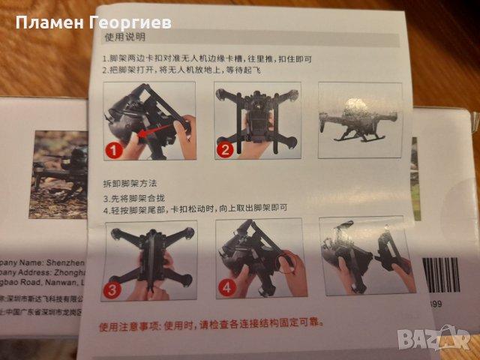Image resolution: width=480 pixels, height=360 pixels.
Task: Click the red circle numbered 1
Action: (x=114, y=151)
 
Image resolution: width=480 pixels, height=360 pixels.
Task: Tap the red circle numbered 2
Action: (x=223, y=150)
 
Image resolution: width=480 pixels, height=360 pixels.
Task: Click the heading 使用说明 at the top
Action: (x=125, y=37)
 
